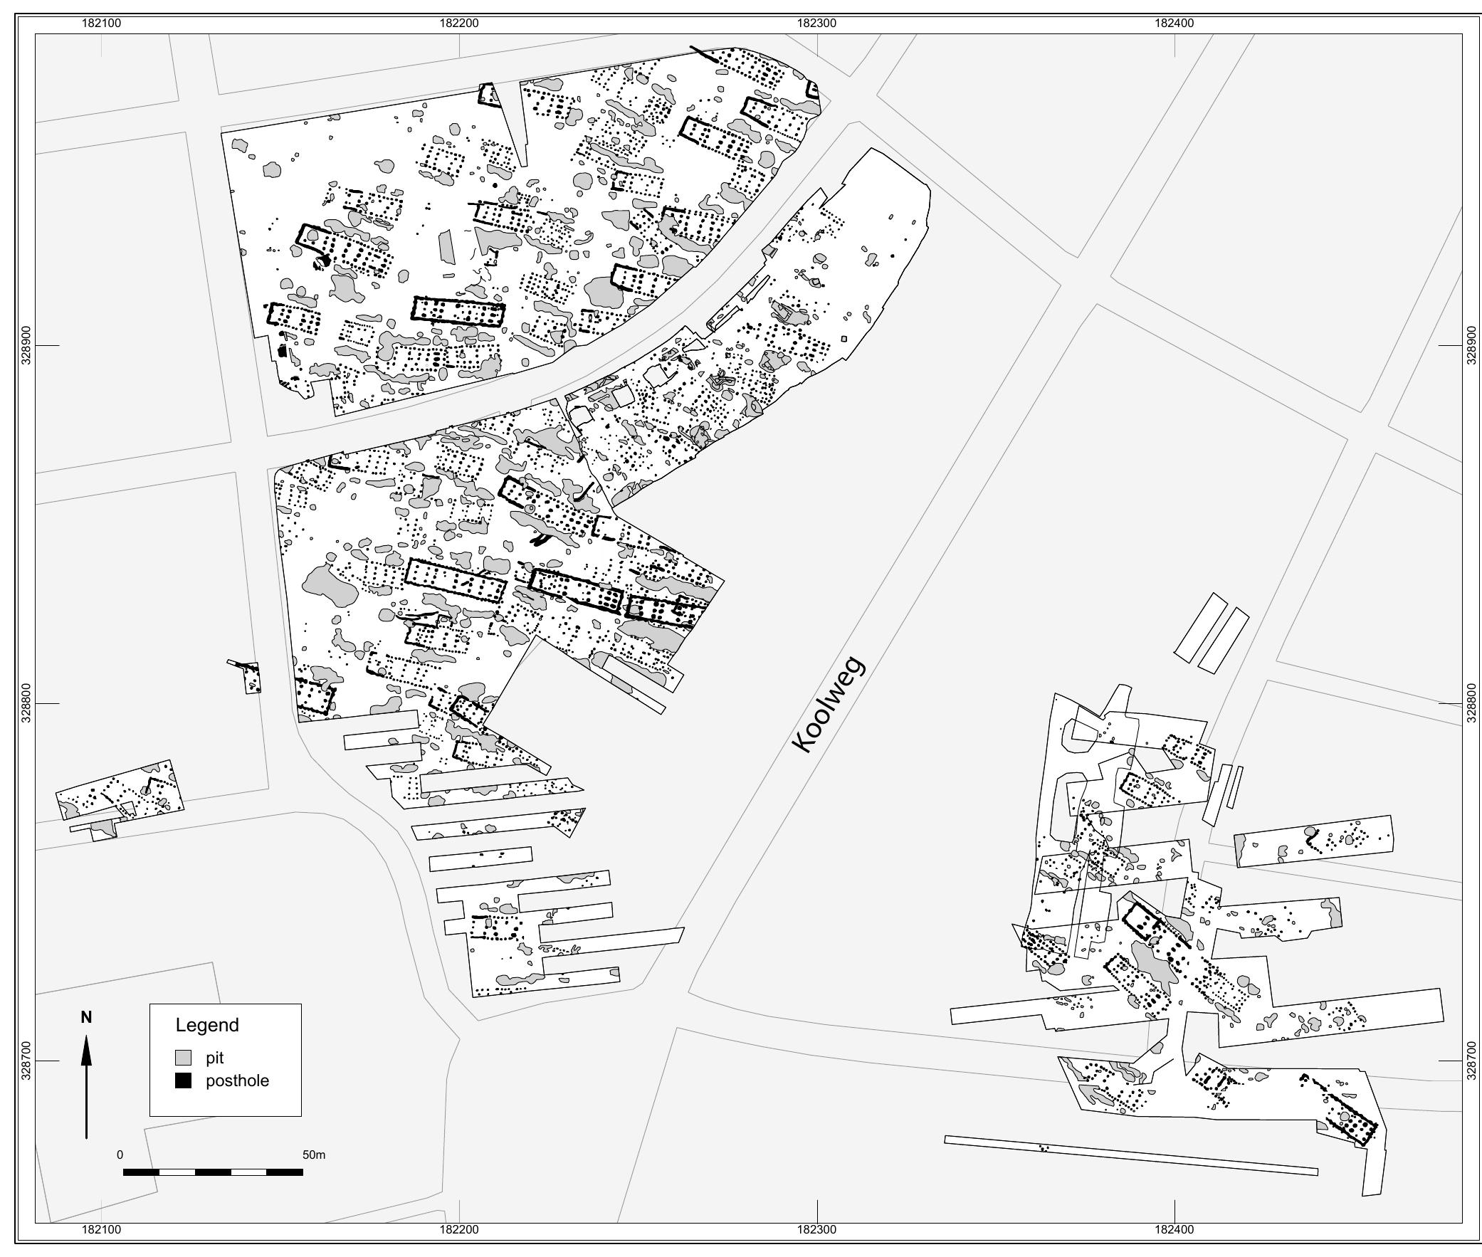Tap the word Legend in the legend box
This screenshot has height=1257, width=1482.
pos(207,1026)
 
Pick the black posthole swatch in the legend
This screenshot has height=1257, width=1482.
pos(184,1080)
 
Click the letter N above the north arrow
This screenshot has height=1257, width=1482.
pos(86,1018)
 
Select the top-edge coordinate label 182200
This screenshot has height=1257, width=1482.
pos(460,23)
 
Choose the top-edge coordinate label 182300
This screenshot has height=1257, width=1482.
pos(817,23)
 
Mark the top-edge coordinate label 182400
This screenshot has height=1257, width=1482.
pos(1174,23)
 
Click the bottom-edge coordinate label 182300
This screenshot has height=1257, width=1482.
pos(817,1230)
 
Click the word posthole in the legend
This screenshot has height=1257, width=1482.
pos(237,1081)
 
